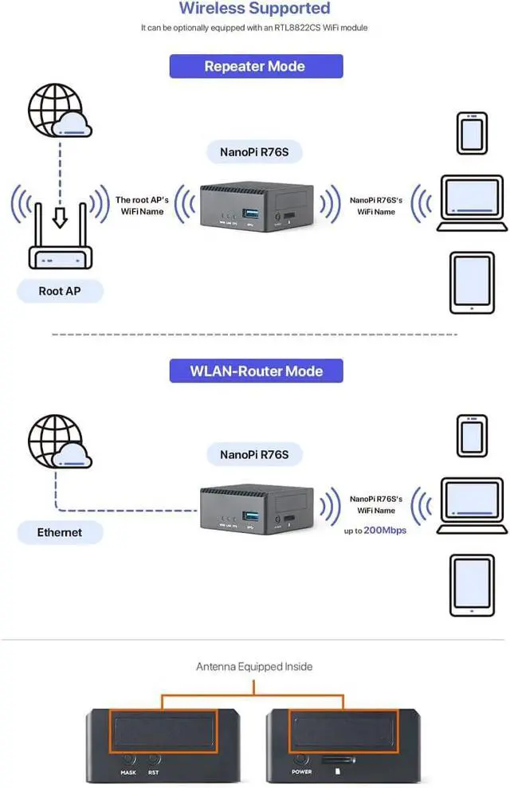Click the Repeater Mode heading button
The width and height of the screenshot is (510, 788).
pyautogui.click(x=256, y=66)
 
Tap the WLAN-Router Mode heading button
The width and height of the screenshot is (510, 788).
pyautogui.click(x=256, y=371)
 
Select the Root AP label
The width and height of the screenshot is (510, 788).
pyautogui.click(x=60, y=291)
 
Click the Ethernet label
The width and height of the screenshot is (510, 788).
pyautogui.click(x=60, y=531)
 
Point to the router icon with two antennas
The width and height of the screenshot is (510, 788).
pyautogui.click(x=61, y=238)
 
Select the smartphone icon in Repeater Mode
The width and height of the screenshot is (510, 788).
pyautogui.click(x=471, y=133)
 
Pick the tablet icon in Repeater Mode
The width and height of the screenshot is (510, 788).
pyautogui.click(x=472, y=283)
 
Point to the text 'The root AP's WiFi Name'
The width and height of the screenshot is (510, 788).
pyautogui.click(x=140, y=206)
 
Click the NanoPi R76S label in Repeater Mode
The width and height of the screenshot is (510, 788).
pyautogui.click(x=255, y=151)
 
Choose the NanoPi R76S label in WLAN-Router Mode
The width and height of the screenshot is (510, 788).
pyautogui.click(x=255, y=455)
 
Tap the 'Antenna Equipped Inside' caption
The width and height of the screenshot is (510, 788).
pyautogui.click(x=255, y=666)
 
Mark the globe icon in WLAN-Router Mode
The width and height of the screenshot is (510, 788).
pyautogui.click(x=55, y=439)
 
